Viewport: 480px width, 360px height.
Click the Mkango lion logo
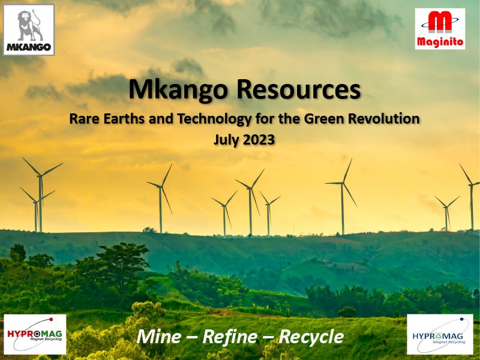point(29,29)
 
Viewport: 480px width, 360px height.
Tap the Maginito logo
point(440,28)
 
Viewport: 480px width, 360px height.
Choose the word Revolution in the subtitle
point(385,119)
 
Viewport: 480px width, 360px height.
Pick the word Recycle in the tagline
point(310,337)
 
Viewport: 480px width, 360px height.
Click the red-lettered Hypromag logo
point(35,334)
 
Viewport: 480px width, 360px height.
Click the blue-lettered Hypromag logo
point(439,334)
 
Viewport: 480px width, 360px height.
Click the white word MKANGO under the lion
point(29,46)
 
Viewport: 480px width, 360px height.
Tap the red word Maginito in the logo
point(440,42)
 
